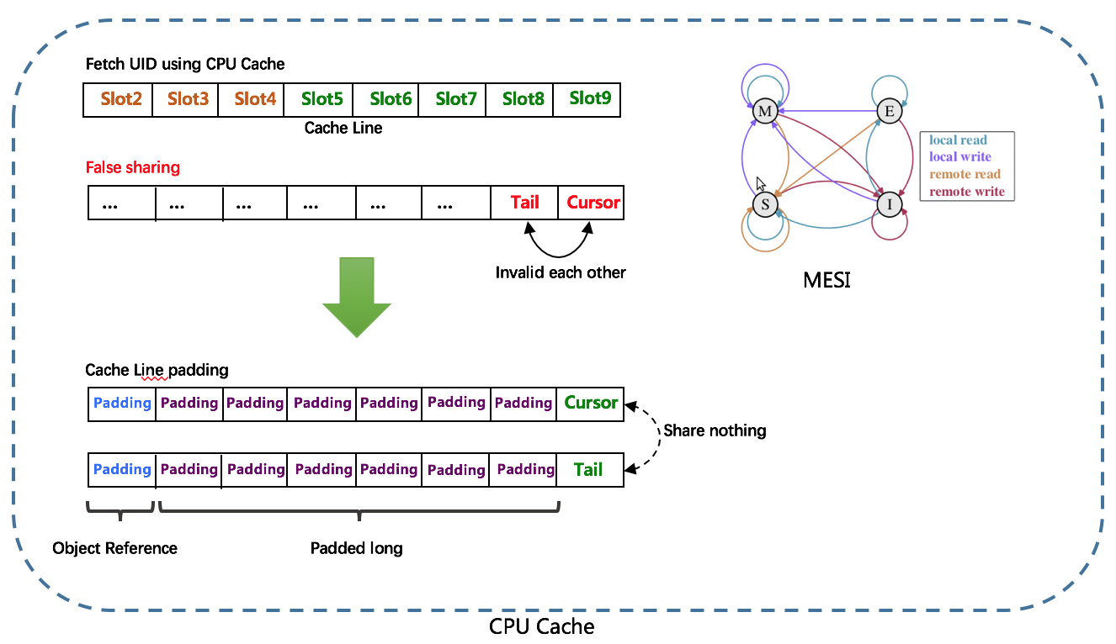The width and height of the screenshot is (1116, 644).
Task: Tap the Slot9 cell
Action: tap(589, 99)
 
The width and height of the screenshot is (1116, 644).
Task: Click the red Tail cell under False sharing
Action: tap(524, 203)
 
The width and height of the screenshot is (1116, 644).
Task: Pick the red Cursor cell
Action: tap(592, 203)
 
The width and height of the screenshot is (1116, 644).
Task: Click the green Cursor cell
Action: tap(591, 403)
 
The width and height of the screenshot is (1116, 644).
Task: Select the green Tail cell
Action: tap(589, 469)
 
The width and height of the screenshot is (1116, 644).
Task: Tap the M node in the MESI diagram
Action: tap(764, 112)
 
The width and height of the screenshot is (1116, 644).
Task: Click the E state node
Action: tap(888, 111)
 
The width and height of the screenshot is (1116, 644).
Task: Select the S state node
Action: tap(765, 204)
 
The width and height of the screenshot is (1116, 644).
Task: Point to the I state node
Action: tap(888, 204)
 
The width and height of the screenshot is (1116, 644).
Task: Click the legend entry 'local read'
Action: tap(958, 140)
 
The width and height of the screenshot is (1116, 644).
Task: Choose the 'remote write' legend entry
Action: tap(966, 192)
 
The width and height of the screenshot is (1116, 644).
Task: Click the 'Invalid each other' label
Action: tap(560, 272)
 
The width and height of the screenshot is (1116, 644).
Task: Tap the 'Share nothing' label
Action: tap(715, 430)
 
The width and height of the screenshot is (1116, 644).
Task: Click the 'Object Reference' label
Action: tap(114, 548)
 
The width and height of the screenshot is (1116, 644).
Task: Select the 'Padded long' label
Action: tap(356, 548)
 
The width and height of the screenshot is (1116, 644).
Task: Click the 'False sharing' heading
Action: tap(133, 167)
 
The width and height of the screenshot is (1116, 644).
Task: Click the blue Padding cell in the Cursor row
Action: tap(122, 403)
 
